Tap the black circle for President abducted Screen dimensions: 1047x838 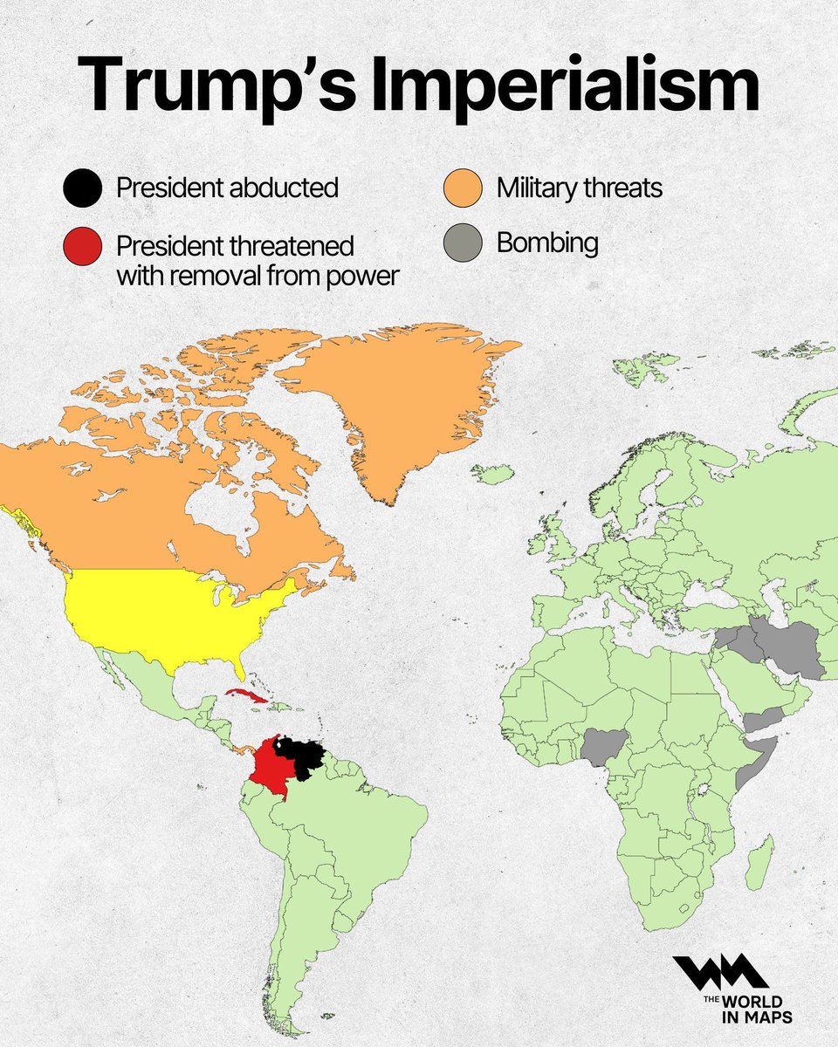click(x=81, y=188)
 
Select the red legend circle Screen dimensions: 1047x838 click(x=81, y=248)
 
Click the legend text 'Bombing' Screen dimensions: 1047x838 click(x=547, y=243)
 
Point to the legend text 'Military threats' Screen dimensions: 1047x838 click(x=580, y=188)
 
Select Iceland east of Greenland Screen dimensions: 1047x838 click(x=493, y=474)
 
